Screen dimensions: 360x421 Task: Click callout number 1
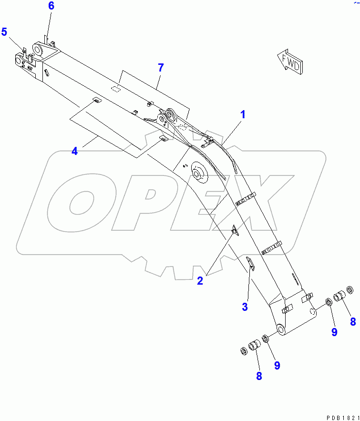pyautogui.click(x=243, y=114)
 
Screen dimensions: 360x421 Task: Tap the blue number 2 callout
pyautogui.click(x=200, y=281)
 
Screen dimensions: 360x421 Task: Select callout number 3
pyautogui.click(x=245, y=307)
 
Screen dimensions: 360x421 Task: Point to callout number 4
pyautogui.click(x=75, y=151)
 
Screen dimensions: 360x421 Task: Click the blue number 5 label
pyautogui.click(x=4, y=32)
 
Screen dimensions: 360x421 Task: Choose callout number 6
pyautogui.click(x=51, y=6)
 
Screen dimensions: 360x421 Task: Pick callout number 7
pyautogui.click(x=161, y=68)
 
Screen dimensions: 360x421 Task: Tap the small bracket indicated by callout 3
pyautogui.click(x=250, y=263)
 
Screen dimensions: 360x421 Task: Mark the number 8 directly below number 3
pyautogui.click(x=259, y=376)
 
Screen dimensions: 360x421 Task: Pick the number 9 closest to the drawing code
pyautogui.click(x=334, y=332)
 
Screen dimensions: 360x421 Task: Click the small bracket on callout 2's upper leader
pyautogui.click(x=235, y=231)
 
